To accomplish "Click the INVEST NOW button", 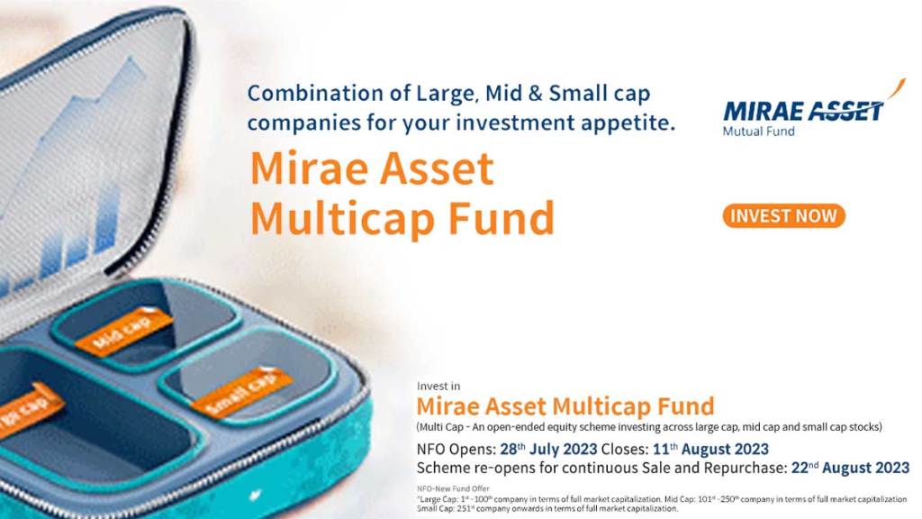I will point(783,216).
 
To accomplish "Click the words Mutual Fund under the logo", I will point(758,131).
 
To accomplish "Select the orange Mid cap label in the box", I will point(123,332).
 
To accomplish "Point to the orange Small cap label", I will point(241,392).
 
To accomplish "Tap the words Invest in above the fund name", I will point(440,387).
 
